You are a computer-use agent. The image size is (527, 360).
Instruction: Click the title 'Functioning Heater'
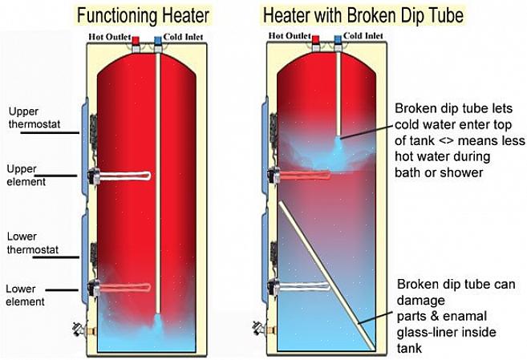point(143,14)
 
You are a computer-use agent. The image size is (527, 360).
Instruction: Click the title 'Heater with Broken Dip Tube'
point(362,14)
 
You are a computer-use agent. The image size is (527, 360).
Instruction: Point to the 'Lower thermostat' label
point(27,243)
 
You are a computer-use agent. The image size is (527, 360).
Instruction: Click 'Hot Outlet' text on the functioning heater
point(109,36)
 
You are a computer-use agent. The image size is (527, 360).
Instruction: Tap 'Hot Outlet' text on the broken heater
point(290,36)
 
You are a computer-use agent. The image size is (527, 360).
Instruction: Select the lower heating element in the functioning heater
point(128,287)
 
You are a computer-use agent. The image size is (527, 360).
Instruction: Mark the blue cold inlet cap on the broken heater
point(338,39)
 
